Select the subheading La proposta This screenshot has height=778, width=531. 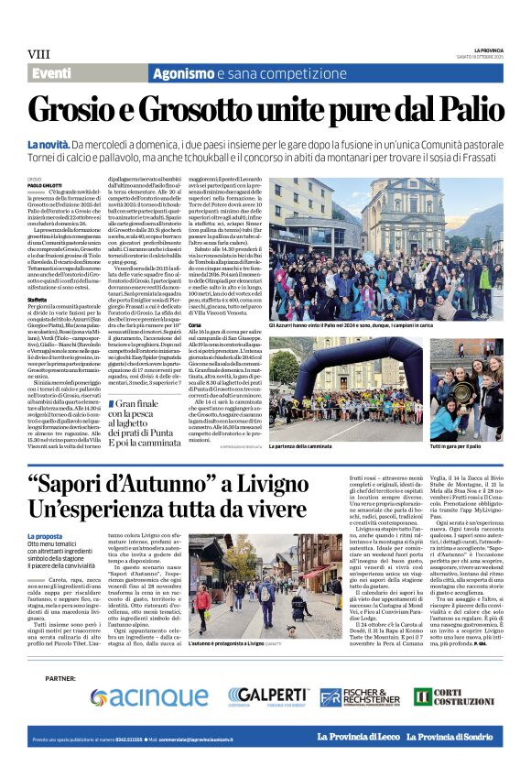click(45, 535)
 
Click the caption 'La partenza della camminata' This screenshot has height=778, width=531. click(328, 421)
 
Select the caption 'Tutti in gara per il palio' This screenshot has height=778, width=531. click(464, 421)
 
